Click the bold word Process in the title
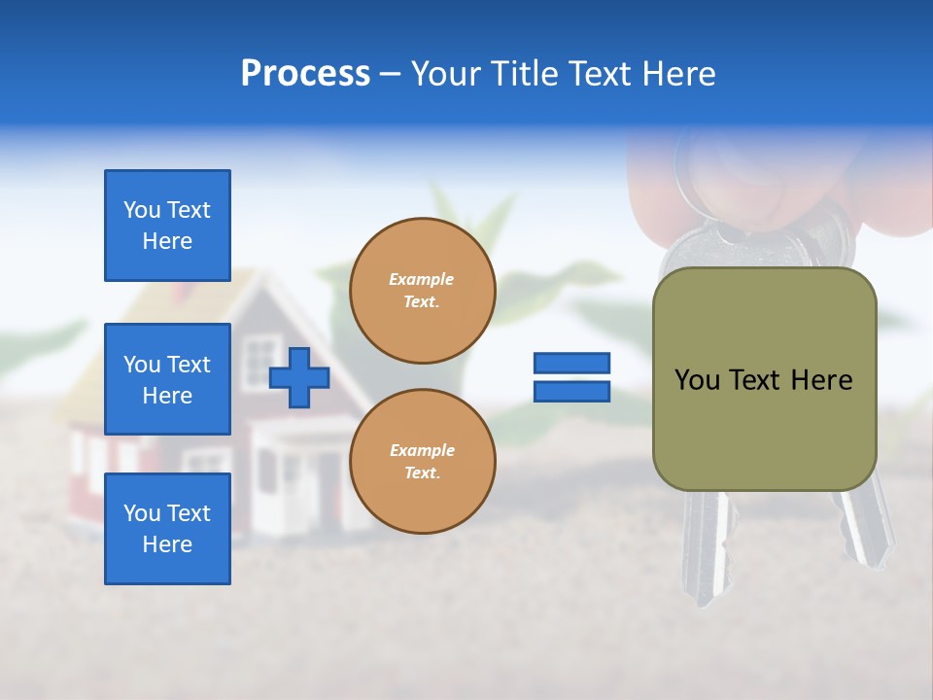tap(305, 74)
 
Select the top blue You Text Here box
tap(167, 226)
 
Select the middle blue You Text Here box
tap(167, 379)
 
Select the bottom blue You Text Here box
tap(167, 528)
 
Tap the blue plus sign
tap(299, 377)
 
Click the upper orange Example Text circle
tap(422, 291)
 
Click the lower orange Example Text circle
tap(422, 461)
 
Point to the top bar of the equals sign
tap(571, 363)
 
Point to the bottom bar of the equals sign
tap(571, 392)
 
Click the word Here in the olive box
tap(821, 380)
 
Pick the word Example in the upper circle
tap(422, 279)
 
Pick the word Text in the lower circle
tap(422, 472)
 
